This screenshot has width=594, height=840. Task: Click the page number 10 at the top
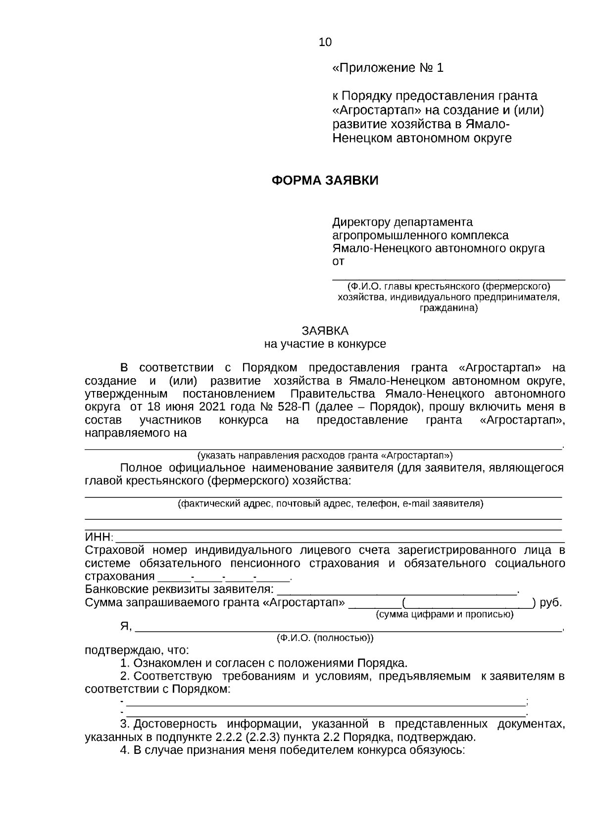325,42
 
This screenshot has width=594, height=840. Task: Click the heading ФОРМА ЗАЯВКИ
325,181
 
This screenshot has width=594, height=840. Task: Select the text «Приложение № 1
388,68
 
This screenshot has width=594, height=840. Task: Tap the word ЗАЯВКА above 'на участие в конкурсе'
325,331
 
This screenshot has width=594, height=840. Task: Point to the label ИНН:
99,538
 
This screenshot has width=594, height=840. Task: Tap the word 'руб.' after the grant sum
550,603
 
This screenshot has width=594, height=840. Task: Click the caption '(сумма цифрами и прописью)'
445,615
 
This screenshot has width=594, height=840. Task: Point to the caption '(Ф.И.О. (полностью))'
325,638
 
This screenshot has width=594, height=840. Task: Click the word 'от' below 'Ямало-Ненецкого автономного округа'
338,261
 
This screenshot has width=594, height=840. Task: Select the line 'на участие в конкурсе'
325,344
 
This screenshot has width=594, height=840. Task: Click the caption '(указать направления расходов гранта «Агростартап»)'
325,455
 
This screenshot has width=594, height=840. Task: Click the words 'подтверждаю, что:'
137,650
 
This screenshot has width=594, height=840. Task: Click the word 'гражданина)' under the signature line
448,308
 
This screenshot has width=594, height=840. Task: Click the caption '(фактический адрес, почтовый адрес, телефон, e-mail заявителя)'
331,504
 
